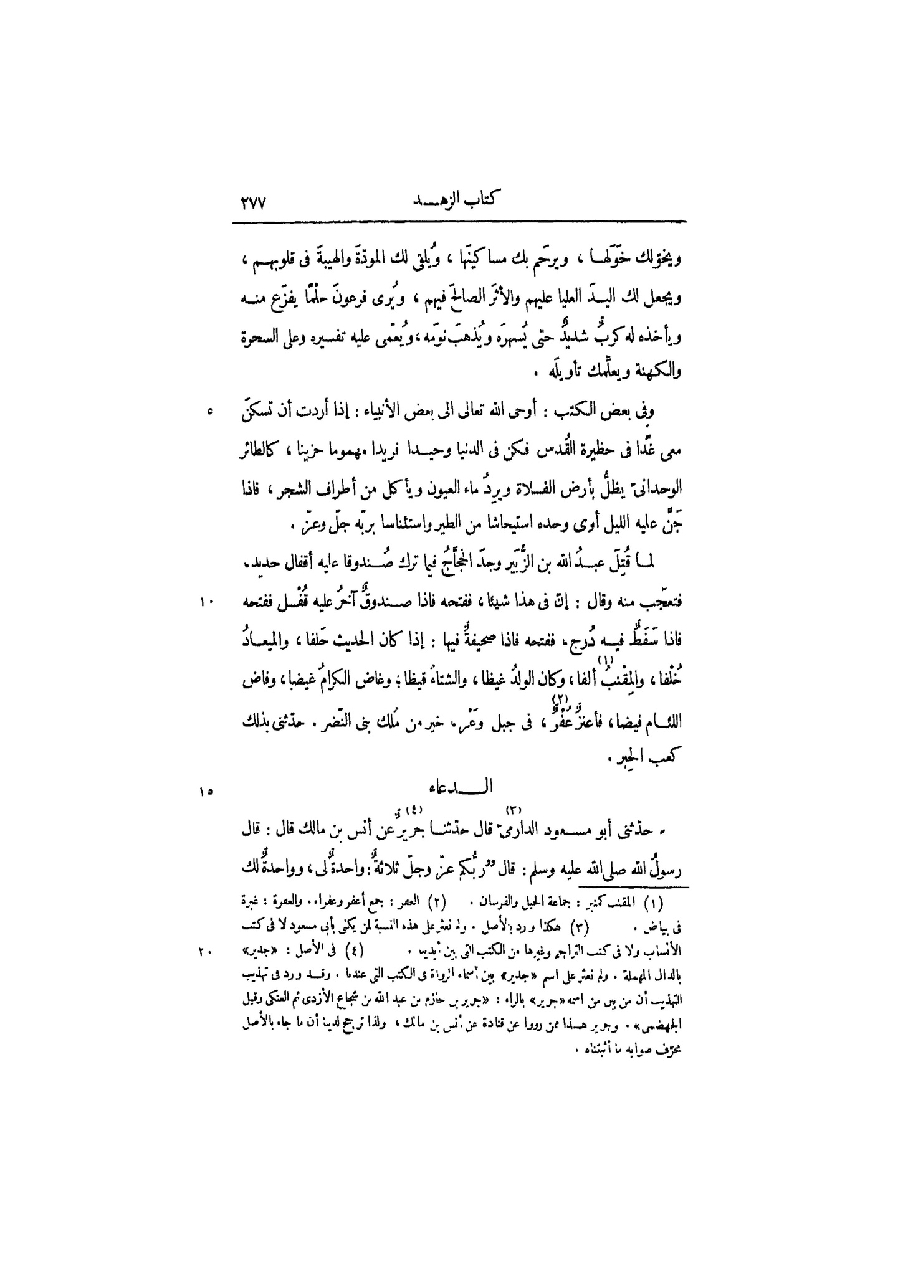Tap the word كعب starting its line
pos(667,759)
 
